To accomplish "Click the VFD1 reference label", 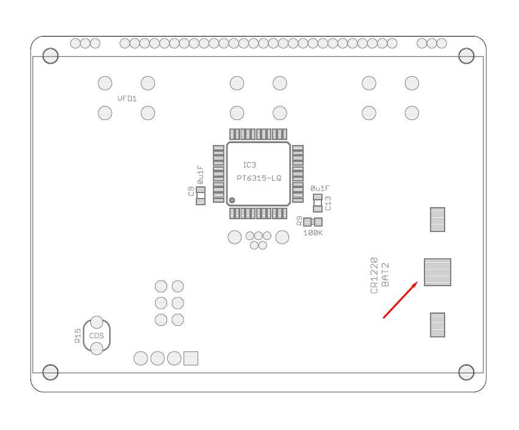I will [x=127, y=98].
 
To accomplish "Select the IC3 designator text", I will [x=249, y=165].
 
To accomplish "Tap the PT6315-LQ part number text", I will [x=259, y=178].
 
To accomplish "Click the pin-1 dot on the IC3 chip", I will [x=232, y=200].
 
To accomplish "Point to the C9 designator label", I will [x=191, y=191].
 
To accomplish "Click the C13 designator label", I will [x=328, y=203].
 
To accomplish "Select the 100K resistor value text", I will [x=313, y=233].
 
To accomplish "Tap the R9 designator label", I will [x=299, y=221].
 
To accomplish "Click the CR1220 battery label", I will [x=374, y=275].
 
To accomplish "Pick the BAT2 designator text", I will [x=385, y=275].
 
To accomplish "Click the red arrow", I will [x=400, y=300].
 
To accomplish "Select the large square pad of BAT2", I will [x=437, y=272].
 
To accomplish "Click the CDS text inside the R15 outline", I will [x=96, y=336].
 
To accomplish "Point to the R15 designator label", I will [x=77, y=336].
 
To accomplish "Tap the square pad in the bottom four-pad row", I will [x=191, y=358].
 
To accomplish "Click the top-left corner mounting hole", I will [x=51, y=56].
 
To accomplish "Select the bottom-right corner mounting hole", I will [x=466, y=372].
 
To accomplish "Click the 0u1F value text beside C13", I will [x=320, y=188].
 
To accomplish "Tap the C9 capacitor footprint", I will [x=201, y=196].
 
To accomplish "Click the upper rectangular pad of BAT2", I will [x=437, y=219].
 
